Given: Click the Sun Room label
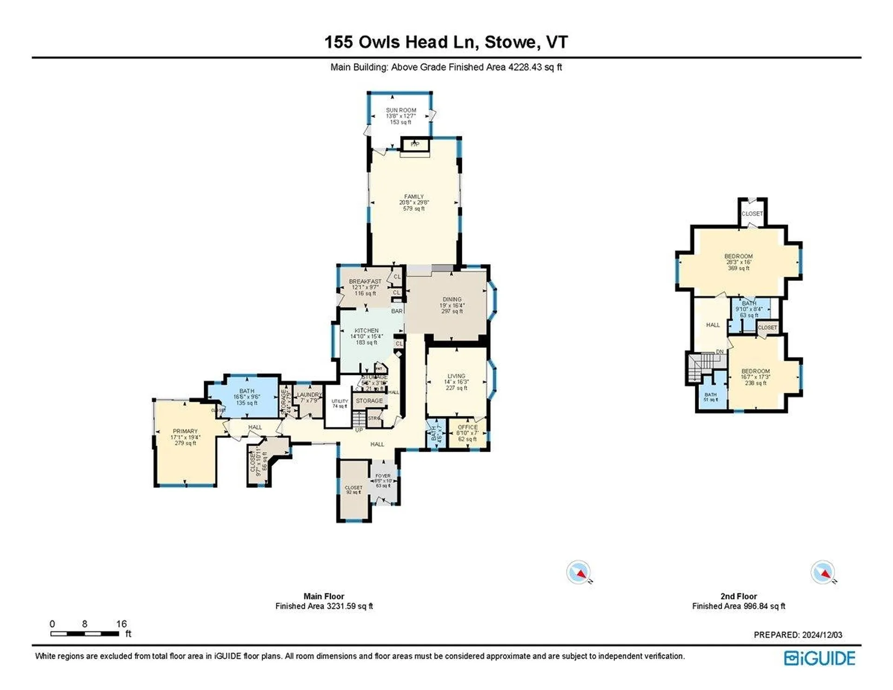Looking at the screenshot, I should pyautogui.click(x=400, y=111).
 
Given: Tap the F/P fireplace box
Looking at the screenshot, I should pyautogui.click(x=415, y=145).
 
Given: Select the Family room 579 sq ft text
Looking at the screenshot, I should pyautogui.click(x=413, y=208).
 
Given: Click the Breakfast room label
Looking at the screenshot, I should pyautogui.click(x=365, y=281).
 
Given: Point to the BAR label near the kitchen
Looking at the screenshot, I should pyautogui.click(x=397, y=311).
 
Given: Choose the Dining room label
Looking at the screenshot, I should pyautogui.click(x=452, y=299).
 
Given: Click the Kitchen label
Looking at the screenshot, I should pyautogui.click(x=367, y=330).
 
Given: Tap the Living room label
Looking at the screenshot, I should pyautogui.click(x=456, y=376).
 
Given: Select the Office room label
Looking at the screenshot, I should pyautogui.click(x=467, y=427).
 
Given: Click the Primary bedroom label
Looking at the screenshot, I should pyautogui.click(x=185, y=431).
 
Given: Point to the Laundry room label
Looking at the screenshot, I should pyautogui.click(x=309, y=395).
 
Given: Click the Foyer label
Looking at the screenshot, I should pyautogui.click(x=383, y=476).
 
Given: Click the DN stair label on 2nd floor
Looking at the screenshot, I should pyautogui.click(x=720, y=352).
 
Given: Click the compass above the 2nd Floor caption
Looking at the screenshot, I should pyautogui.click(x=822, y=572).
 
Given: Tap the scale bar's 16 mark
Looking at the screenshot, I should pyautogui.click(x=121, y=624).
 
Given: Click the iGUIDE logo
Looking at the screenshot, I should pyautogui.click(x=820, y=658).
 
